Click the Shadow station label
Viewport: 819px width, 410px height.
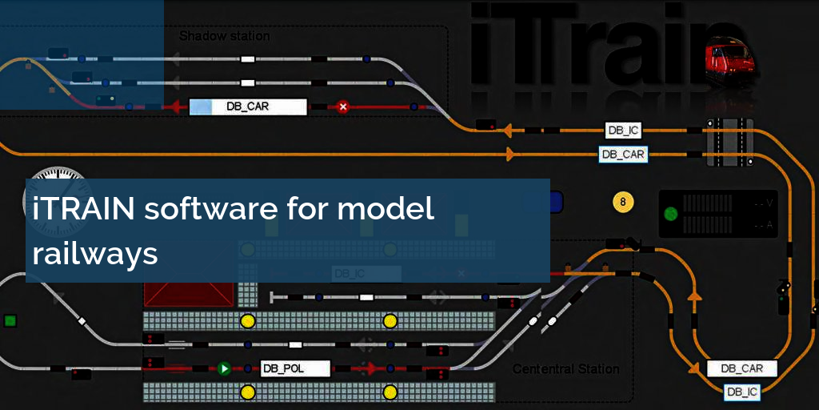pyautogui.click(x=224, y=36)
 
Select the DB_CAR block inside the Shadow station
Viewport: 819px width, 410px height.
pyautogui.click(x=248, y=107)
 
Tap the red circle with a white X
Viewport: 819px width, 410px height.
pyautogui.click(x=342, y=107)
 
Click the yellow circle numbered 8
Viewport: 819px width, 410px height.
pyautogui.click(x=623, y=202)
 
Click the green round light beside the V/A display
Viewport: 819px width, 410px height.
pyautogui.click(x=671, y=214)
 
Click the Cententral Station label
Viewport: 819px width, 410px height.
pyautogui.click(x=565, y=369)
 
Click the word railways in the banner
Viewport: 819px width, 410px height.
pyautogui.click(x=95, y=253)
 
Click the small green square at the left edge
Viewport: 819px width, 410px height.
pyautogui.click(x=10, y=320)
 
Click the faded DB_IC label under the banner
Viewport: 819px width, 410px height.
pyautogui.click(x=350, y=274)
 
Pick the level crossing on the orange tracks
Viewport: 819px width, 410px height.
pyautogui.click(x=729, y=142)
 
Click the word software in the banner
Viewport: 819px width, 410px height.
pyautogui.click(x=210, y=210)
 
